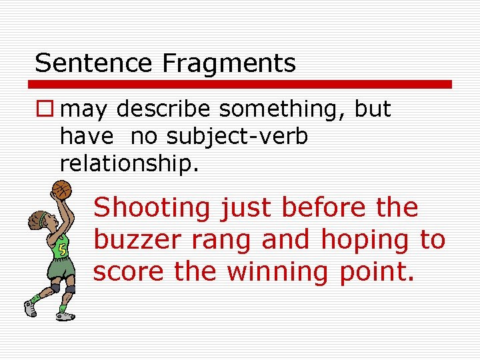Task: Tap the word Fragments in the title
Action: pyautogui.click(x=229, y=63)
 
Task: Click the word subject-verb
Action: pyautogui.click(x=237, y=137)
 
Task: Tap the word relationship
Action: pyautogui.click(x=129, y=163)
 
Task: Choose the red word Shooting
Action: pyautogui.click(x=151, y=209)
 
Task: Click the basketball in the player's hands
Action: pyautogui.click(x=61, y=189)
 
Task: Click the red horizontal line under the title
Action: pyautogui.click(x=240, y=85)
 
